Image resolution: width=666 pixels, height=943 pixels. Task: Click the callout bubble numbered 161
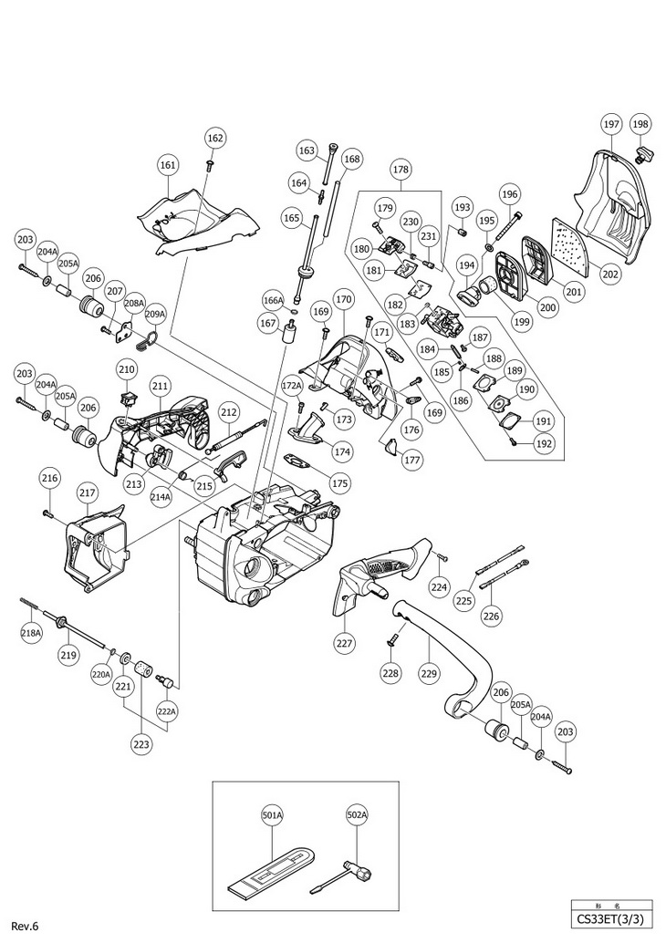tap(168, 164)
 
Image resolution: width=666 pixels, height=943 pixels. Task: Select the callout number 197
tap(611, 125)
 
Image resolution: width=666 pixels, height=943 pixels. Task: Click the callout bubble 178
tap(401, 170)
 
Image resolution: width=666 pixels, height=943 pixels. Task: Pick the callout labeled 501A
tap(272, 815)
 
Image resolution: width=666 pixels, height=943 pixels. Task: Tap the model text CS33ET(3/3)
tap(610, 919)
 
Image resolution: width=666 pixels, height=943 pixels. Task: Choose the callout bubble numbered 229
tap(429, 674)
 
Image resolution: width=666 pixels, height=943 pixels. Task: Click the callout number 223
tap(142, 744)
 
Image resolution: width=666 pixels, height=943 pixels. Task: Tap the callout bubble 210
tap(128, 369)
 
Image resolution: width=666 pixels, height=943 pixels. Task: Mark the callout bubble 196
tap(509, 194)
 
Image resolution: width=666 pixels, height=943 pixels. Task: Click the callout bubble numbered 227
tap(344, 644)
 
